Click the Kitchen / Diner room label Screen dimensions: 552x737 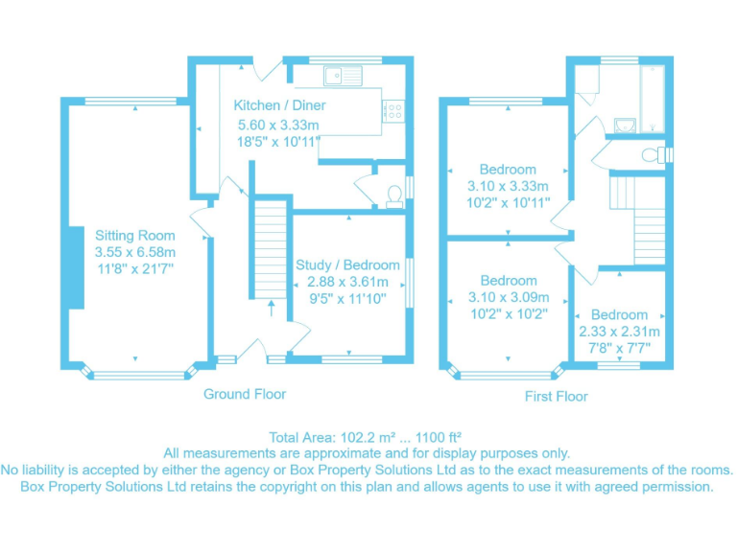tap(279, 104)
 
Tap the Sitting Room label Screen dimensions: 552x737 tap(135, 235)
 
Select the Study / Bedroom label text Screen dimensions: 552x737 tap(346, 265)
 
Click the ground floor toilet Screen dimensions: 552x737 tap(392, 196)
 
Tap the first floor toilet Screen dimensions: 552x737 tap(652, 155)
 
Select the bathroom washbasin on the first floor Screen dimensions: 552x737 tap(625, 126)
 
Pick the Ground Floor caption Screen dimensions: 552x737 tap(244, 394)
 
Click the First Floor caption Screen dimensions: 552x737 tap(557, 396)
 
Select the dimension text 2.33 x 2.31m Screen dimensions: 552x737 tap(619, 332)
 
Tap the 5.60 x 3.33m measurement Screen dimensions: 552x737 tap(279, 125)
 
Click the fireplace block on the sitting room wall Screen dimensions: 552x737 tap(72, 267)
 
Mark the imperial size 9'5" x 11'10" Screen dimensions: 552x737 tap(346, 298)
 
